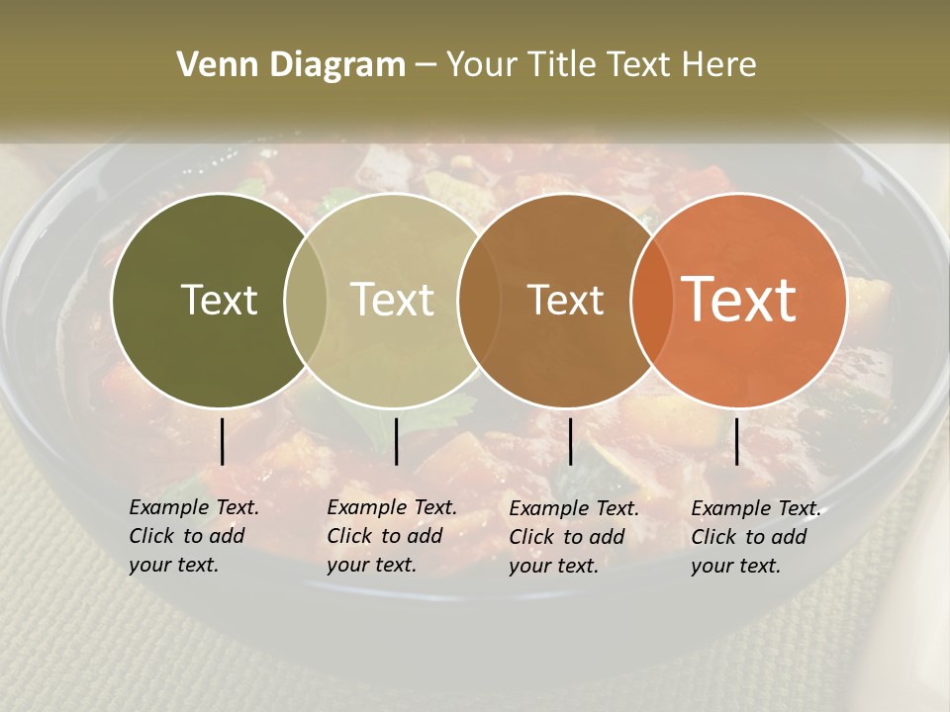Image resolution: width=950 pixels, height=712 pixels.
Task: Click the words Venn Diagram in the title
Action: tap(291, 65)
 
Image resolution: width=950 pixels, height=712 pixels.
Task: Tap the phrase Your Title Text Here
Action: tap(601, 65)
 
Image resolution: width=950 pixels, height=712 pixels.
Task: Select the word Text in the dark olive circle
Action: tap(219, 301)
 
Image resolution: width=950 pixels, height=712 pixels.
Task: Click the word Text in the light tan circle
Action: tap(392, 301)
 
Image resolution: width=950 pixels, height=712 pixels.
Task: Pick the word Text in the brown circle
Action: tap(565, 301)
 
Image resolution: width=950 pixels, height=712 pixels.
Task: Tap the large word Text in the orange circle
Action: tap(739, 300)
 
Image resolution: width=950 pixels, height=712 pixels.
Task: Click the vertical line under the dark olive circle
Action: tap(223, 441)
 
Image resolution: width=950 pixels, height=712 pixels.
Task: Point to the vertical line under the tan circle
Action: tap(396, 441)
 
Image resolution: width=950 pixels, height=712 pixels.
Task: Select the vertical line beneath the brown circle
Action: tap(570, 441)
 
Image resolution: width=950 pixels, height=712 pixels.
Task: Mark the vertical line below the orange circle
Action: tap(736, 441)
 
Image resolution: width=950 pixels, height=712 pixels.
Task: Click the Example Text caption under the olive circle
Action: tap(194, 536)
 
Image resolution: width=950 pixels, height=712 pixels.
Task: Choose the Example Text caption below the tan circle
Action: tap(392, 536)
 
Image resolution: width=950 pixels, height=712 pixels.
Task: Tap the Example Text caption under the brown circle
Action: tap(574, 537)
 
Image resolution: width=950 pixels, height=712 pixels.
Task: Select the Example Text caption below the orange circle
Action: tap(756, 537)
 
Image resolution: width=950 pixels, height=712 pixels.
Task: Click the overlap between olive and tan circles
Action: tap(306, 301)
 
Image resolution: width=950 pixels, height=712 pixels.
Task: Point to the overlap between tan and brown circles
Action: tap(479, 301)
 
